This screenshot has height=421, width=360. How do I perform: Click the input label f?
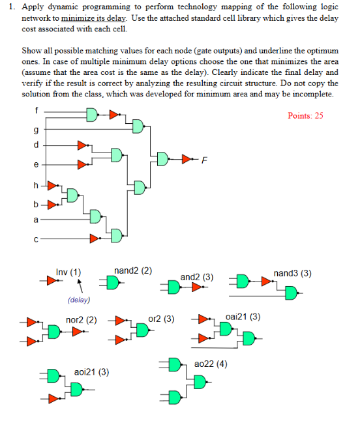coord(37,109)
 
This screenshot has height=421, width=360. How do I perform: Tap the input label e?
coord(37,165)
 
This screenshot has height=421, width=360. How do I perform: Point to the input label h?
coord(37,186)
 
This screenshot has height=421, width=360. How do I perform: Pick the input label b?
coord(37,204)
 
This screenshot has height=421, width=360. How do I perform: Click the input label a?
coord(37,220)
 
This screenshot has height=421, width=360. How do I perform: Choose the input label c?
coord(37,239)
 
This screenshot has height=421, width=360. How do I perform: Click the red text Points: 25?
coord(305,115)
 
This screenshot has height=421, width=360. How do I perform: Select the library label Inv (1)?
coord(68,271)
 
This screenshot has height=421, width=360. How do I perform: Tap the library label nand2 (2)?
coord(133,270)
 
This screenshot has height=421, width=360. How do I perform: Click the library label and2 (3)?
coord(196,277)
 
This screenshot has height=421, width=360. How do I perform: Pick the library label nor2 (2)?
coord(82,320)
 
